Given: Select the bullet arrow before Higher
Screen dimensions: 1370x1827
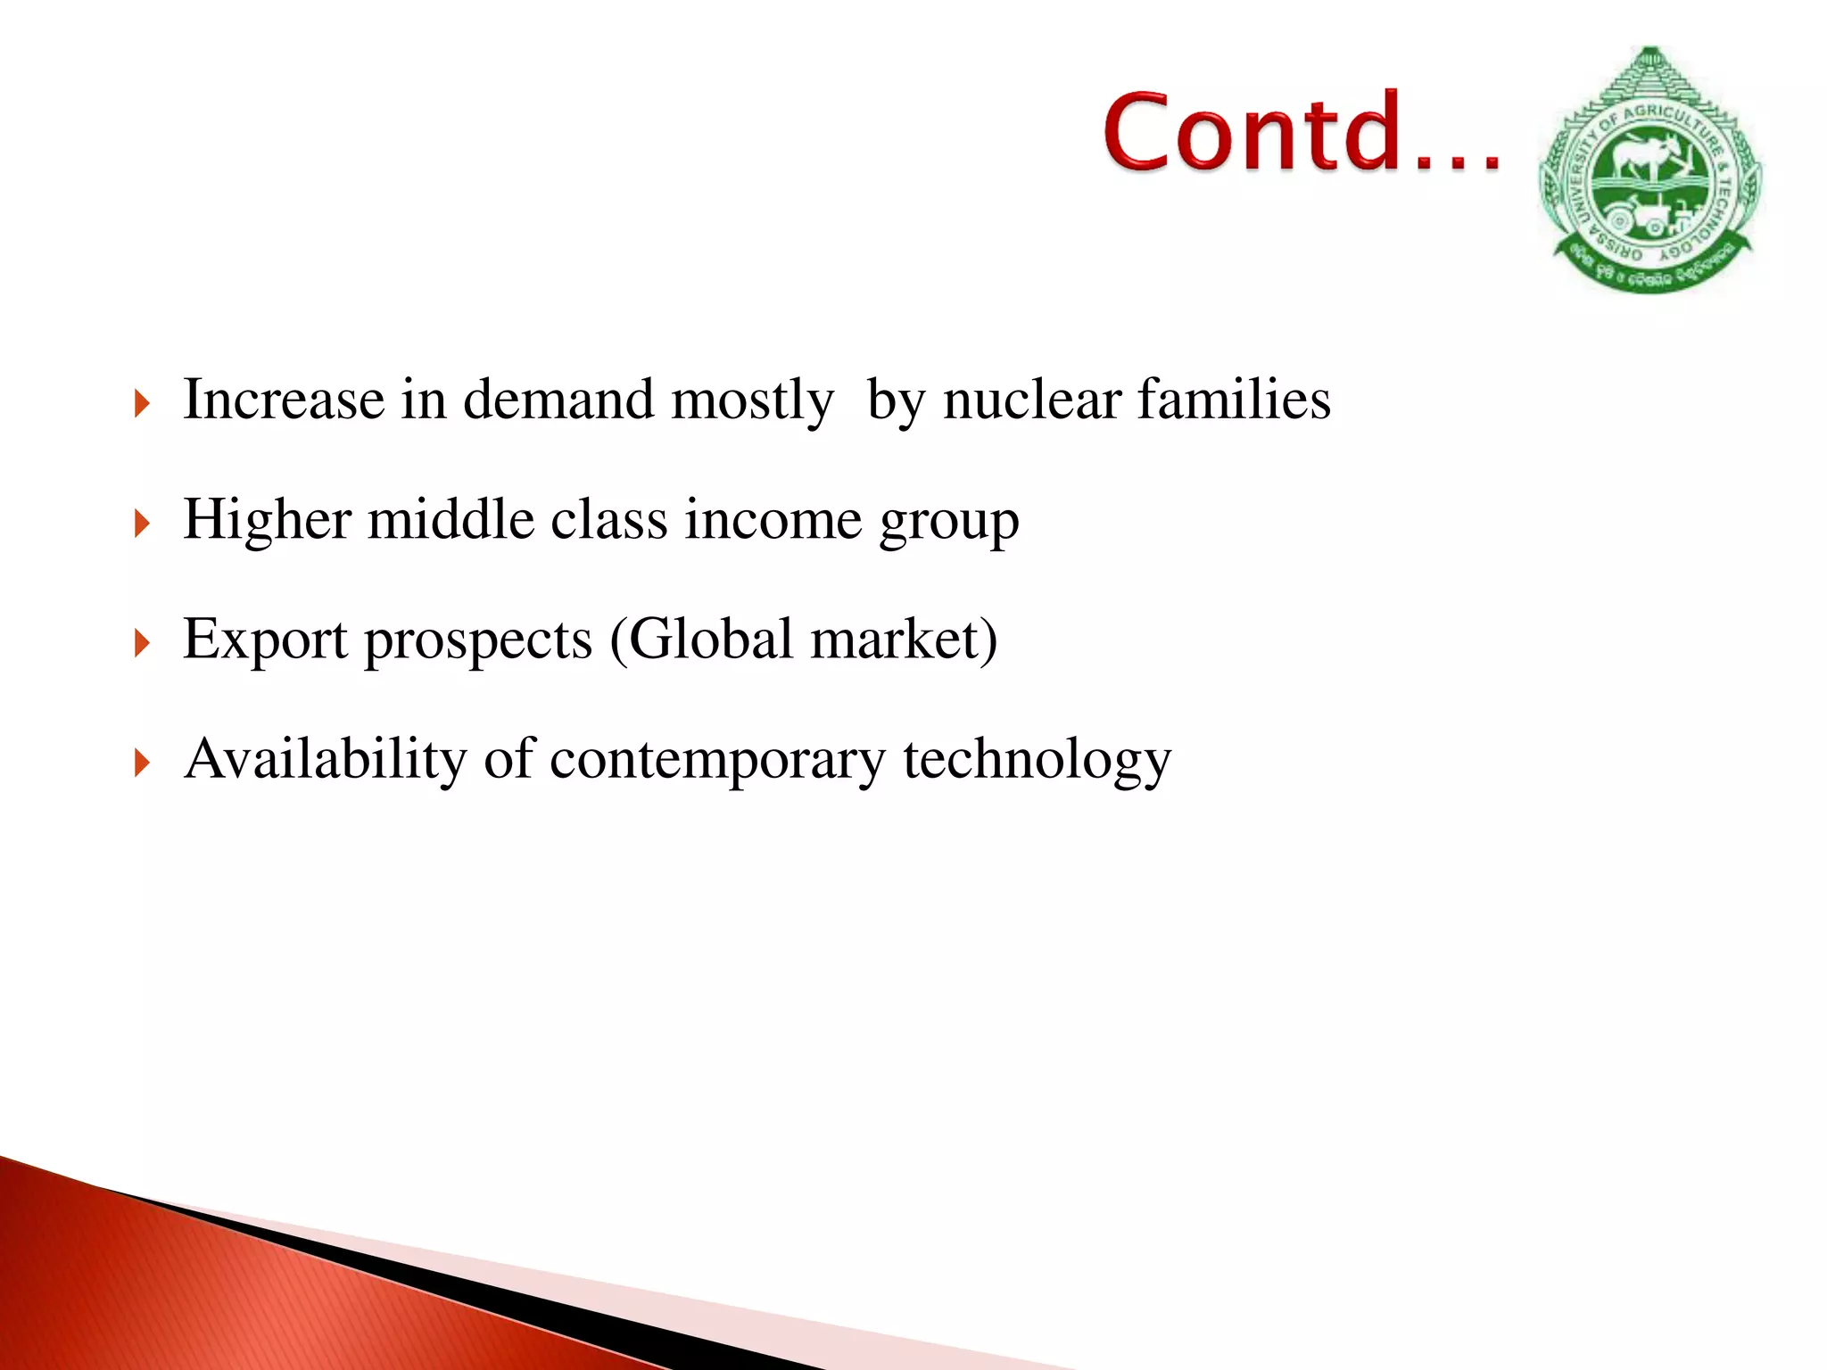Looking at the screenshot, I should pos(142,524).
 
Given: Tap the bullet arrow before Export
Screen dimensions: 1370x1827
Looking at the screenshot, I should pos(142,643).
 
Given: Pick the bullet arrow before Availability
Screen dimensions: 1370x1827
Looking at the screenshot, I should pos(142,763).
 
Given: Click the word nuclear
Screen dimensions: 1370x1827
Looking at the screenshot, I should pos(1032,400).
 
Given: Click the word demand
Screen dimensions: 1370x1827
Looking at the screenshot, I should pos(558,400).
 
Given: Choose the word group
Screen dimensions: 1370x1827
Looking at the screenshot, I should pos(948,523).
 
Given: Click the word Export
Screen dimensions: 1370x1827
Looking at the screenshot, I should pos(265,640).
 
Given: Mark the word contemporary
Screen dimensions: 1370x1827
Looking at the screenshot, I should pos(717,760).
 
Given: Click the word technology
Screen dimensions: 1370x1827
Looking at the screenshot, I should pos(1037,760).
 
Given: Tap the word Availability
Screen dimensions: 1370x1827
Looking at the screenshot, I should pos(325,760).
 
